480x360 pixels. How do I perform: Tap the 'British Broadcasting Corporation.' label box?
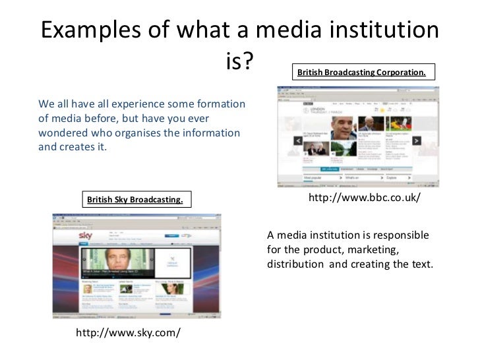point(361,72)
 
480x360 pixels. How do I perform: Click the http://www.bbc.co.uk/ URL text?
point(364,198)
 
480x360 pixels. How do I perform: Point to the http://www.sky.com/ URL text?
point(128,333)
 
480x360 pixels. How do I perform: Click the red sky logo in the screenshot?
point(86,235)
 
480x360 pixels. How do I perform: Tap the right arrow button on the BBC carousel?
point(417,140)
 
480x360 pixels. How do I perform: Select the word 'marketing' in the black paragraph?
point(374,250)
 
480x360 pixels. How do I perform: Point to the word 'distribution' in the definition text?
point(296,264)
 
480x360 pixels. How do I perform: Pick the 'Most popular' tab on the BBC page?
point(316,177)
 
